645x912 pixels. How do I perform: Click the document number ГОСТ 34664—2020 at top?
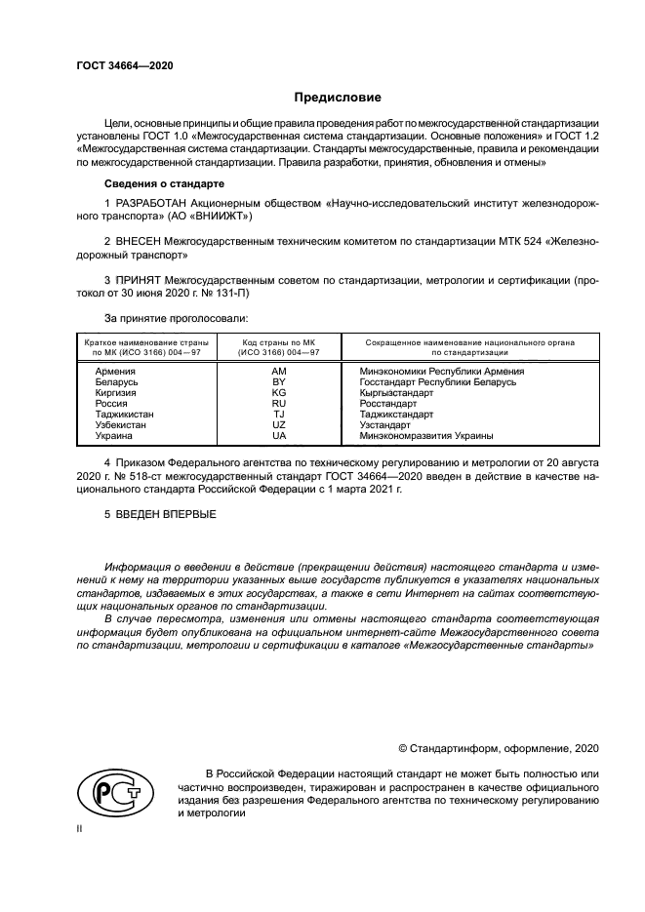118,65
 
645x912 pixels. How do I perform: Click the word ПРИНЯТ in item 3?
141,281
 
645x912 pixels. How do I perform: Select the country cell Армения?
115,372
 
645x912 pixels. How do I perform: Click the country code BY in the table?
278,382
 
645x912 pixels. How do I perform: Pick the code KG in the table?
278,393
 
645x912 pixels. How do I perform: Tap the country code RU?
278,404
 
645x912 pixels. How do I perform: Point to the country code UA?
278,436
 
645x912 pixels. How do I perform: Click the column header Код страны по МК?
278,348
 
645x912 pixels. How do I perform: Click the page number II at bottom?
79,827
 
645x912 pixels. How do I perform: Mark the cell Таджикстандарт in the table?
395,415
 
